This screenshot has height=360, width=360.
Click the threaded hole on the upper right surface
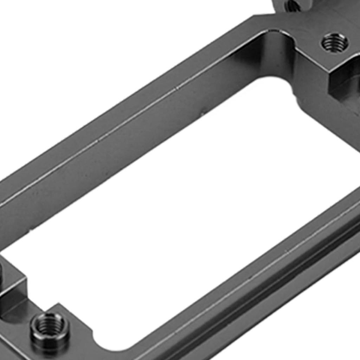click(334, 43)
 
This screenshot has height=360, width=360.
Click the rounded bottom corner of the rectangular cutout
click(105, 343)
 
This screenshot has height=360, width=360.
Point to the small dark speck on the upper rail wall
click(203, 113)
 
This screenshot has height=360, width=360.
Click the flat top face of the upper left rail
click(105, 120)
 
